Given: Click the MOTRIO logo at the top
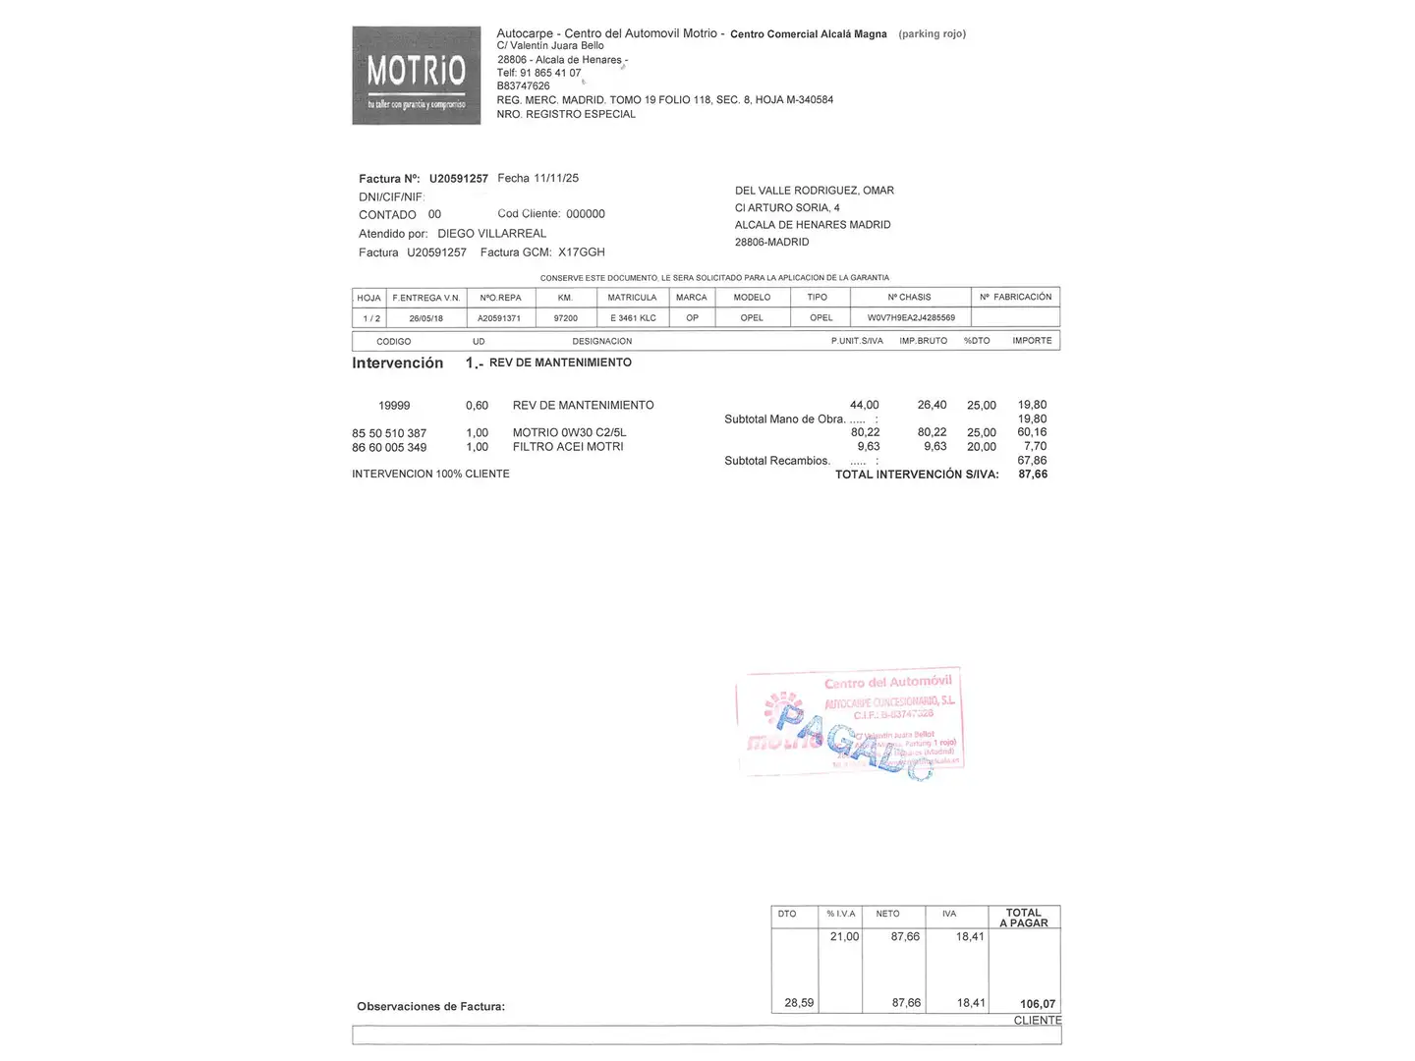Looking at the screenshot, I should click(416, 76).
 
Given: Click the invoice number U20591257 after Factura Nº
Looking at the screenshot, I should click(458, 179).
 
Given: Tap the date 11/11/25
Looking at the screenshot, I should click(556, 178).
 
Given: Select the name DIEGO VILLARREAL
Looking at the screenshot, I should click(491, 234).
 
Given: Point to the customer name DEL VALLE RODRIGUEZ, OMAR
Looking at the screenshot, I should click(814, 191).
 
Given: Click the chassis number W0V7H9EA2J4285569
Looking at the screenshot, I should click(911, 318).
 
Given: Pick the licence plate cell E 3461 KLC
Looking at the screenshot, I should click(633, 318).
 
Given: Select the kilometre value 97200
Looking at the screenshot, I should click(565, 318).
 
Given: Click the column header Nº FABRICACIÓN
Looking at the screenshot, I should click(1015, 297).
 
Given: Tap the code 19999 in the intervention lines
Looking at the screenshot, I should click(394, 406).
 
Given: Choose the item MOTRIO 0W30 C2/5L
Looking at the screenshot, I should click(569, 432).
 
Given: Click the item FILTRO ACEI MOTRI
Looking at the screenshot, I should click(568, 447).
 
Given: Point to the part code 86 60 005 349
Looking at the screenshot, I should click(389, 448).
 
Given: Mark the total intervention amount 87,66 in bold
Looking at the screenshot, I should click(1033, 475).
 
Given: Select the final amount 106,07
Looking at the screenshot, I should click(1038, 1004).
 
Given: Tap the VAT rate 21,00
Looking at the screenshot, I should click(844, 937).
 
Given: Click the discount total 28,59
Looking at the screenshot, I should click(799, 1003).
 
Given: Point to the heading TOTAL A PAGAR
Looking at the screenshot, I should click(1024, 918).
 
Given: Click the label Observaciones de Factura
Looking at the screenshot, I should click(430, 1007).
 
